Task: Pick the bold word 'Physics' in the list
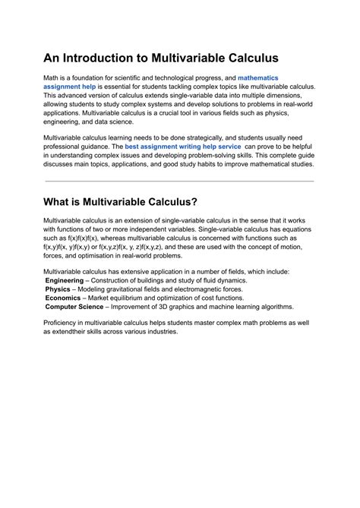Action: (x=58, y=289)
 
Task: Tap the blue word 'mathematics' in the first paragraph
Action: (x=257, y=78)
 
